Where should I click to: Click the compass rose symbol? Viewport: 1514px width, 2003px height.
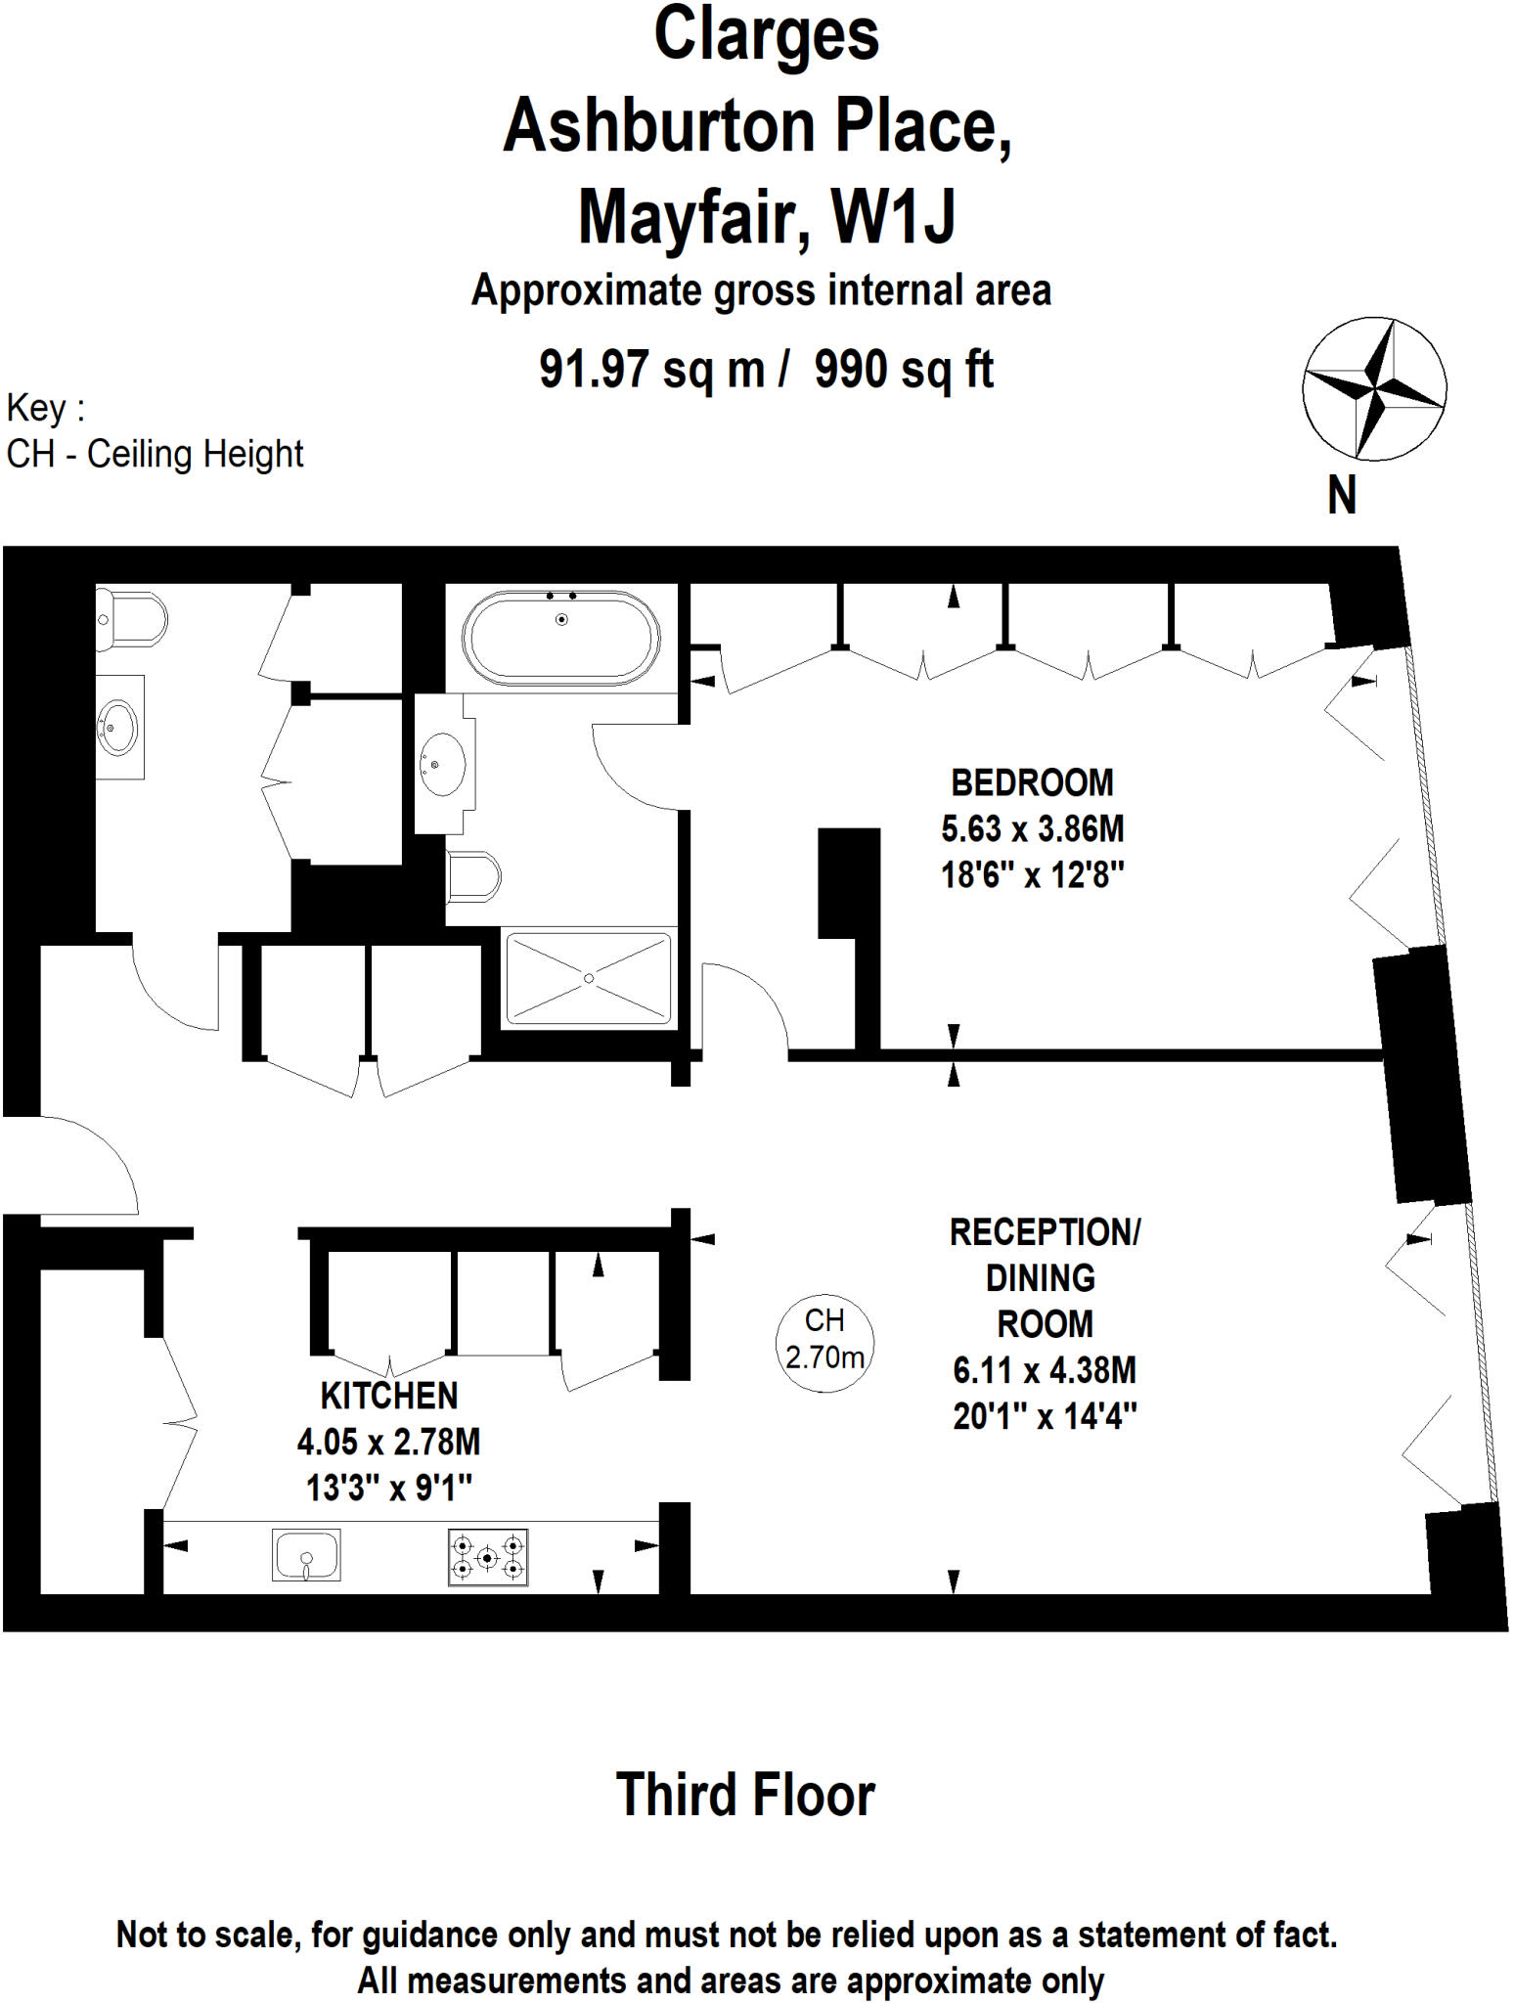point(1374,388)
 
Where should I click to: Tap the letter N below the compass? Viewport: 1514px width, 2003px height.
point(1342,495)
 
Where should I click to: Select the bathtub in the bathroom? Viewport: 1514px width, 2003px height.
point(561,636)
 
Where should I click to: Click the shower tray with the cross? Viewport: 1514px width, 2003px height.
point(589,978)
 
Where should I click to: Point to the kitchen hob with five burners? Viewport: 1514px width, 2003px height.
point(488,1556)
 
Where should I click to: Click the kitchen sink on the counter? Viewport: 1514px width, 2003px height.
point(306,1554)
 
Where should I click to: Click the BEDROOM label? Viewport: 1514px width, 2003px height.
point(1032,782)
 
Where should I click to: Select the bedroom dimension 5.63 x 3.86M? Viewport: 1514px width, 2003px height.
point(1032,829)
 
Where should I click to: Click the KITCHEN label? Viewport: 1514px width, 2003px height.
point(389,1396)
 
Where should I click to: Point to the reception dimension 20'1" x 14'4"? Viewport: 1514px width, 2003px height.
point(1045,1416)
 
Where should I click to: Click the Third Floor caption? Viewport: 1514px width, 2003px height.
point(745,1796)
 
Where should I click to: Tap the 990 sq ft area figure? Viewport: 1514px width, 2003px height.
point(904,370)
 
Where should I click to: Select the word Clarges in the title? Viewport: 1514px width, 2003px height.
point(766,35)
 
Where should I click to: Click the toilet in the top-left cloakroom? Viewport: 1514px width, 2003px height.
point(130,619)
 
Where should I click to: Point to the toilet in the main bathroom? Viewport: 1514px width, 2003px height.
point(473,876)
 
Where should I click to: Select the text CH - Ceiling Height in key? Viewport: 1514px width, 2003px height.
point(155,455)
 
